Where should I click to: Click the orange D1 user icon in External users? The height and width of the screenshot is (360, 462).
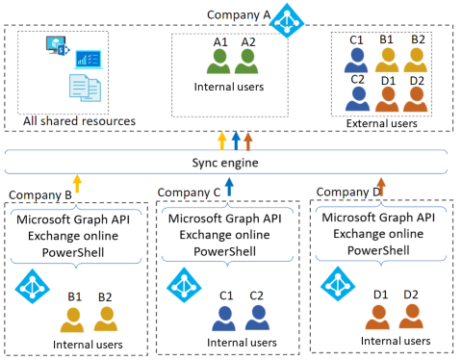[x=388, y=97]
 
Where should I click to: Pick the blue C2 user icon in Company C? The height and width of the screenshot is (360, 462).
[x=257, y=316]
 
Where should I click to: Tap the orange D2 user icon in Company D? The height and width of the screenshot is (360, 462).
[x=412, y=315]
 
